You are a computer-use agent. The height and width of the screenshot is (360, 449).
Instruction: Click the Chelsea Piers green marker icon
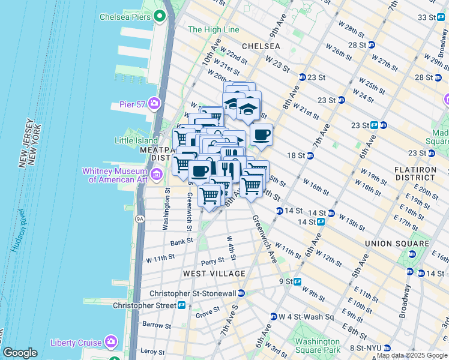159,17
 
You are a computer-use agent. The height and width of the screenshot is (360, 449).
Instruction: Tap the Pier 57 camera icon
155,104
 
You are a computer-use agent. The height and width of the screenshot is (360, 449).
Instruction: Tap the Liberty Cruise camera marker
110,342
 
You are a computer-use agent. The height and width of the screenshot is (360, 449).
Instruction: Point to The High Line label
214,29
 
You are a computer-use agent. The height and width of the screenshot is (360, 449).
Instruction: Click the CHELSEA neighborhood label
261,46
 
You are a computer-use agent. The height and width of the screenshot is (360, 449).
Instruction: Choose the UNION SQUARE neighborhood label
397,244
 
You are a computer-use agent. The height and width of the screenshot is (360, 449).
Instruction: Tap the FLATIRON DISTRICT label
415,174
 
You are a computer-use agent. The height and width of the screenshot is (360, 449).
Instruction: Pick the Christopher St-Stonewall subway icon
241,293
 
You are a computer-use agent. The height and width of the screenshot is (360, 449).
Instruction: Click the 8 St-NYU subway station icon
387,347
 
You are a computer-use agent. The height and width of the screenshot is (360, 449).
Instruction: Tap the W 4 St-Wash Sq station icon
273,316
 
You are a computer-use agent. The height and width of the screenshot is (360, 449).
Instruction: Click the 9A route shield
140,219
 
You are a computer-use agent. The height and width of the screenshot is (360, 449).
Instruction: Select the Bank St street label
181,242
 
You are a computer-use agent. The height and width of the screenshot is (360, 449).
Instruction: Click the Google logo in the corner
20,353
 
